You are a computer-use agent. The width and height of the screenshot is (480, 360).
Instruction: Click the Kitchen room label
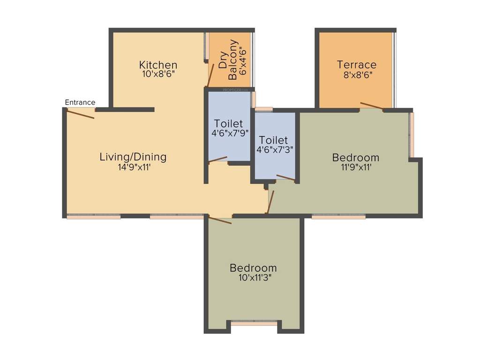158,65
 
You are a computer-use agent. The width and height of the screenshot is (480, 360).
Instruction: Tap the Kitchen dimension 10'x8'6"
158,74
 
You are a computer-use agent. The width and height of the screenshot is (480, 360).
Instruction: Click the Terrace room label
356,65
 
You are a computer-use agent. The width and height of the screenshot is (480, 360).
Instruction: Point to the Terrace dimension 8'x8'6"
356,74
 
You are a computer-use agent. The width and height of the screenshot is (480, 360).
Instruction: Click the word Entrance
80,102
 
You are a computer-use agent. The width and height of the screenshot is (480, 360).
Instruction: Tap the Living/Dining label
133,157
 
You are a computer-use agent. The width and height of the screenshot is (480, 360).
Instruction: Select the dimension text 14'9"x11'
133,166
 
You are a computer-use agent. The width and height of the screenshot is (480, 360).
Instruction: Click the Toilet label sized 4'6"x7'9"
228,123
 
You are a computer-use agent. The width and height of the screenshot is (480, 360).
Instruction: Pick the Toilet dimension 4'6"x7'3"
273,150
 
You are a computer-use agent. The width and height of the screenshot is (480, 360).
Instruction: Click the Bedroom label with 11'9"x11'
355,157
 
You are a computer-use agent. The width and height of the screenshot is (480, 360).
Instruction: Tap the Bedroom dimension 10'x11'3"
253,277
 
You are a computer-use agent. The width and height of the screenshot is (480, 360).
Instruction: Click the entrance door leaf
81,113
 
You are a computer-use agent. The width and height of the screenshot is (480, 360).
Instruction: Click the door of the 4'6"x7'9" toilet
218,159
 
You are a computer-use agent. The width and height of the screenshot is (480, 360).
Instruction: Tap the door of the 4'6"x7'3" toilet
285,177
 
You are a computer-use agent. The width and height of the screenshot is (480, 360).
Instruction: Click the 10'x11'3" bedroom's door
220,220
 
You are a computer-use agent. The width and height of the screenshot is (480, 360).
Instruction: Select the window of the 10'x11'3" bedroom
254,323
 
